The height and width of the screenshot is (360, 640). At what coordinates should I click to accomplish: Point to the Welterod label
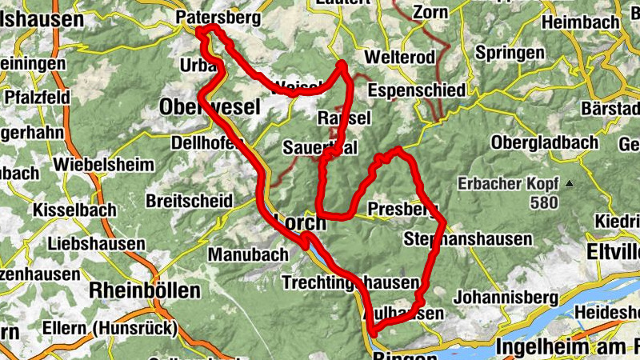pyautogui.click(x=398, y=57)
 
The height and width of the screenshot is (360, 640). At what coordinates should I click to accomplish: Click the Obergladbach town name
pyautogui.click(x=545, y=142)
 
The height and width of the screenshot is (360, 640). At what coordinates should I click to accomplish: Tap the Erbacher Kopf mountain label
pyautogui.click(x=507, y=183)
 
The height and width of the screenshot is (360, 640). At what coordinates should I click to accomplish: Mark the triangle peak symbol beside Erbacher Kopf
pyautogui.click(x=569, y=184)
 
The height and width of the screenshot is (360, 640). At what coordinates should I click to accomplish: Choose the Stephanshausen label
pyautogui.click(x=468, y=239)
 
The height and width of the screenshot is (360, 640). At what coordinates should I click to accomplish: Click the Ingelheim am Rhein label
pyautogui.click(x=567, y=347)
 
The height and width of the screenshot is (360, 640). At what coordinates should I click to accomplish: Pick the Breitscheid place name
pyautogui.click(x=190, y=200)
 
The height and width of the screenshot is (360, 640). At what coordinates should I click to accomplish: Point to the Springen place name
pyautogui.click(x=508, y=54)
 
